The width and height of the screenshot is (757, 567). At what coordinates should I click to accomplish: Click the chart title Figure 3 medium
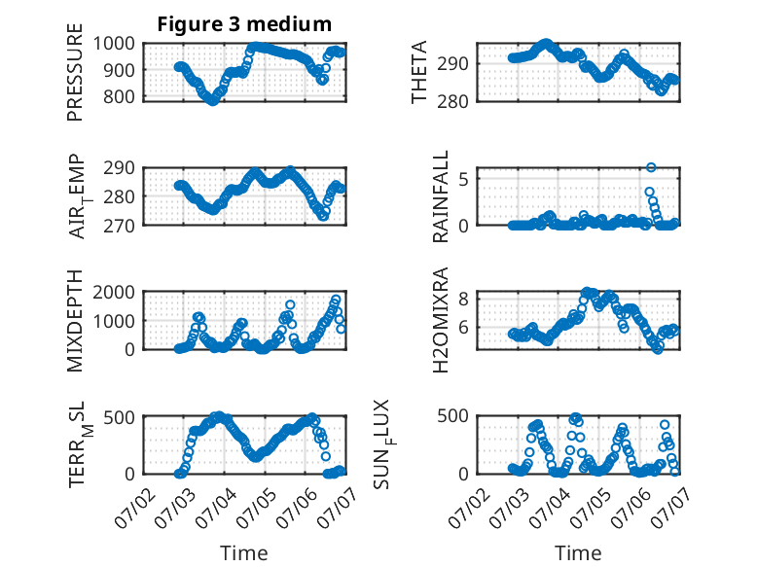pos(244,24)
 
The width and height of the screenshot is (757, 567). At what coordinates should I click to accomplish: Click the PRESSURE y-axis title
pos(75,72)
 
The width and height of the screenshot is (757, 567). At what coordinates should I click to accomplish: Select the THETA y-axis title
pos(419,72)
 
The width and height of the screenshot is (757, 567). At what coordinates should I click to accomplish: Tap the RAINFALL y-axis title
pos(441,196)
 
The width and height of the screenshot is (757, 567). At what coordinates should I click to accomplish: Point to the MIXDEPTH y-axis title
pos(75,321)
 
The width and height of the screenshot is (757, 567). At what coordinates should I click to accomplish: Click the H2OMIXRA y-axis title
pos(441,320)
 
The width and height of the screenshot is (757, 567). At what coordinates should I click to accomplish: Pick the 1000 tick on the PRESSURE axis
pos(114,44)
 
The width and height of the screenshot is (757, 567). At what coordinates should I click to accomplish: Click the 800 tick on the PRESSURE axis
pos(120,96)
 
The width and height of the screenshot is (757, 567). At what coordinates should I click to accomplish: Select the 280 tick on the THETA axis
pos(452,102)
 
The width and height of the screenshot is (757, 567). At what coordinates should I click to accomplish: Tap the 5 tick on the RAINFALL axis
pos(463,179)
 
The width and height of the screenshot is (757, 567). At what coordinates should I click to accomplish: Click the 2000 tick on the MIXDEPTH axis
pos(114,292)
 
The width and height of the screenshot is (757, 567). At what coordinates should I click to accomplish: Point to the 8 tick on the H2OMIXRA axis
pos(463,299)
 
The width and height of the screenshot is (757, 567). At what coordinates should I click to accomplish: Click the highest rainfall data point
pos(651,167)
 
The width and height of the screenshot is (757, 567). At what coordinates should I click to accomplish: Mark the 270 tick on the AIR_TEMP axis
pos(120,226)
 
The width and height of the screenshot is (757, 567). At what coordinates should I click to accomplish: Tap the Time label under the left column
pos(244,552)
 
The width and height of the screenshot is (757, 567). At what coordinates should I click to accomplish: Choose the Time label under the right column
pos(578,552)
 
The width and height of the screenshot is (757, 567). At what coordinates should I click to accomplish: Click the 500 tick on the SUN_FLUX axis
pos(452,416)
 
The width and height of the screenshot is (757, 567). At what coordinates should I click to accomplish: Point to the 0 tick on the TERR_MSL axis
pos(129,474)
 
